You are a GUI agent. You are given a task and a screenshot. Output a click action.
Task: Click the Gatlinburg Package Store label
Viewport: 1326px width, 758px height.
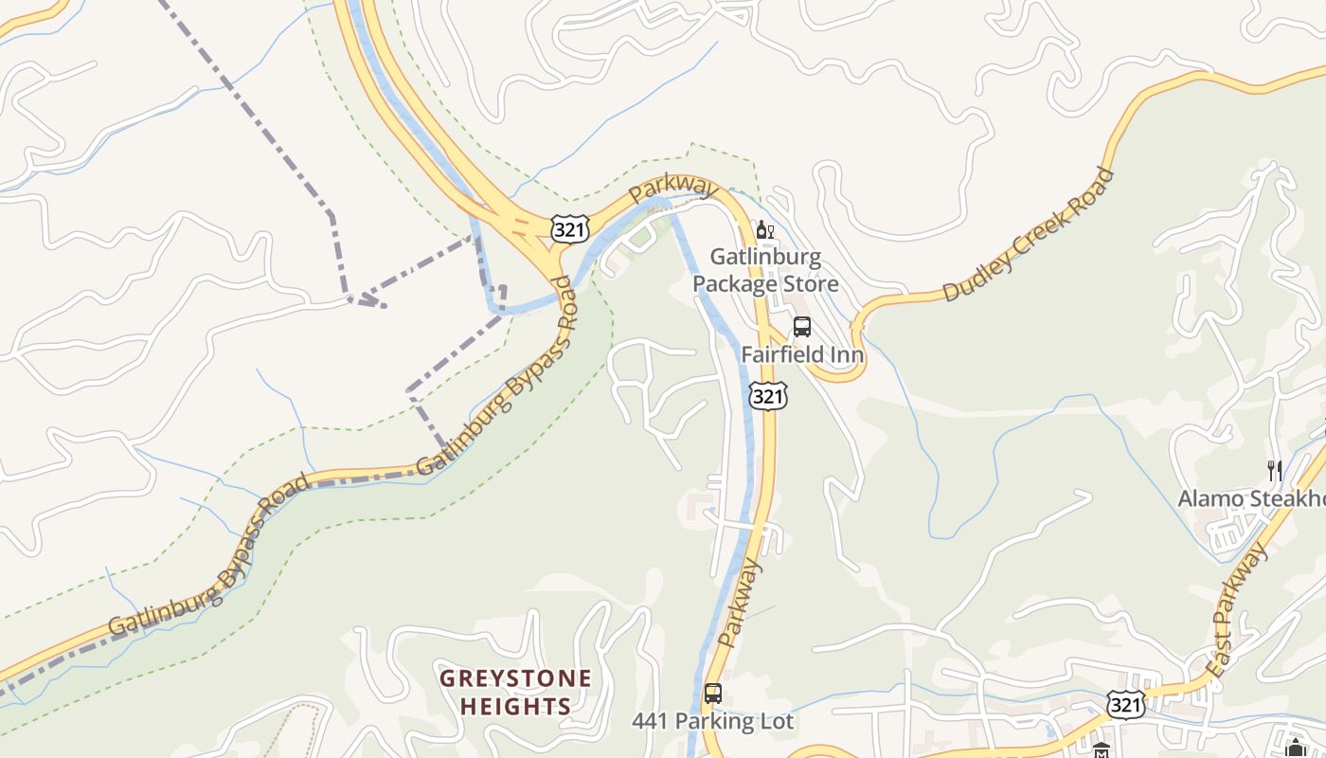click(x=765, y=270)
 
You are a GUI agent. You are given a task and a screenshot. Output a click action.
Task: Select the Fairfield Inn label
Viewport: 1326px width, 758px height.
click(x=802, y=354)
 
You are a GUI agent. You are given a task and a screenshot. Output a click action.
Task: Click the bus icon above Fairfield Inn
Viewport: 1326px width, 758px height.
click(x=802, y=327)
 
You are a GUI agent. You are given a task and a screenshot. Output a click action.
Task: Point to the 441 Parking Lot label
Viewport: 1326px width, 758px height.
click(x=712, y=721)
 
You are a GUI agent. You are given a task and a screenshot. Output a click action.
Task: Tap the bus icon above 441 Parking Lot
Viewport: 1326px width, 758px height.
click(x=713, y=694)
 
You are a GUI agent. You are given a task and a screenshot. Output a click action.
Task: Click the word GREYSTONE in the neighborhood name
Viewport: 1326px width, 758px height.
click(x=515, y=678)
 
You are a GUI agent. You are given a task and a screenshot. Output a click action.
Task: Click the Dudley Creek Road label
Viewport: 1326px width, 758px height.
click(x=1029, y=235)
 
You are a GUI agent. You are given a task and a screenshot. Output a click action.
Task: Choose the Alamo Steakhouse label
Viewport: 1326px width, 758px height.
click(x=1250, y=498)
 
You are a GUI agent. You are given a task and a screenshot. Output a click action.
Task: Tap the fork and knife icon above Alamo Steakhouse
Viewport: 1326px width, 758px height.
click(x=1275, y=470)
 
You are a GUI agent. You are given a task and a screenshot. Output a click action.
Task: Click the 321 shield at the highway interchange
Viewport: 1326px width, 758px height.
click(x=570, y=227)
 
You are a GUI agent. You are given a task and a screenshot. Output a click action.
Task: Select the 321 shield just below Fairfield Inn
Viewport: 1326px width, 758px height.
click(x=767, y=395)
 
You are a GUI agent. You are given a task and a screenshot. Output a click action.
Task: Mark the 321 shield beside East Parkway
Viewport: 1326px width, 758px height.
click(x=1125, y=704)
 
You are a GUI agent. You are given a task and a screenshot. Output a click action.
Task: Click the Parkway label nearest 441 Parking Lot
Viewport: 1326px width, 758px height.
click(x=740, y=603)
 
